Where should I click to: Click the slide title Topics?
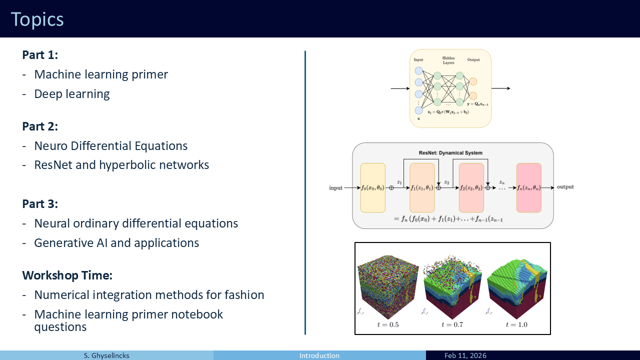(x=37, y=19)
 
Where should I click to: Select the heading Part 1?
(x=40, y=55)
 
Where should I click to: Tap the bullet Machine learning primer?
(x=101, y=74)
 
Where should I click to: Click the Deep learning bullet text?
(x=72, y=94)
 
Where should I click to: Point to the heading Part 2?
(x=40, y=126)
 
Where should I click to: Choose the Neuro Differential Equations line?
(x=111, y=146)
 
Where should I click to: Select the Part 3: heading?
(x=40, y=204)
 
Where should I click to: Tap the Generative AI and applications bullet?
(x=116, y=243)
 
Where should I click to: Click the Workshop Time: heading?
(x=67, y=275)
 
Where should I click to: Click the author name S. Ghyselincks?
(x=106, y=355)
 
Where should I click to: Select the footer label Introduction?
(x=319, y=355)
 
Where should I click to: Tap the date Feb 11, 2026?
(x=465, y=355)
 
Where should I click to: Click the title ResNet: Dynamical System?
(x=450, y=152)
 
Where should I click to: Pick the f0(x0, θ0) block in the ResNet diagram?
(x=372, y=188)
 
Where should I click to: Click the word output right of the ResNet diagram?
(x=565, y=187)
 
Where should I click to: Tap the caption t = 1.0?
(x=516, y=324)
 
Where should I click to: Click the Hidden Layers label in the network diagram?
(x=448, y=60)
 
